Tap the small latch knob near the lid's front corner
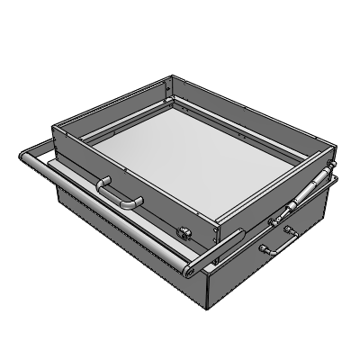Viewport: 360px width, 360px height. point(186,232)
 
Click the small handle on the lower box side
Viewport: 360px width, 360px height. point(288,236)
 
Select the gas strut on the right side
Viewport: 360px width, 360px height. point(302,200)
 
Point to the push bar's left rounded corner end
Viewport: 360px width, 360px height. point(22,158)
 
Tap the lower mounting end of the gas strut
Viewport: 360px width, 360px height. point(277,221)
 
